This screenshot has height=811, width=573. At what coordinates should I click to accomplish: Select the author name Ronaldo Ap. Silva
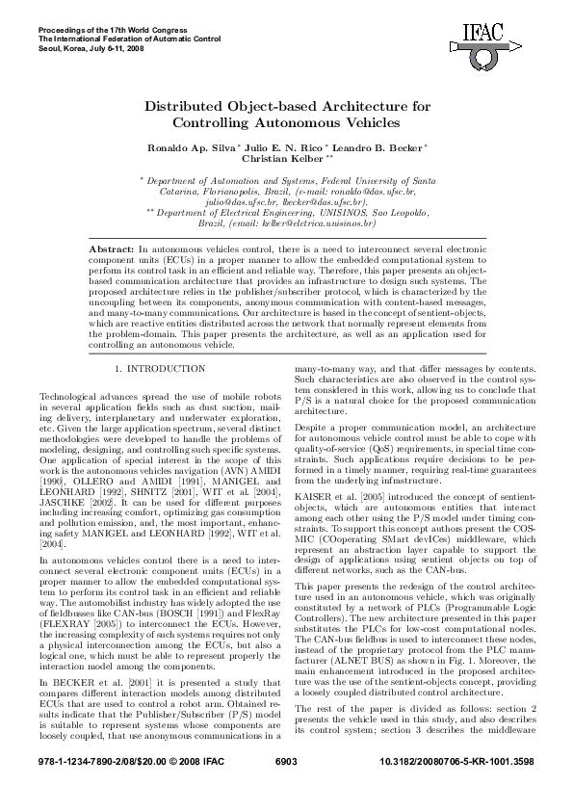click(179, 146)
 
